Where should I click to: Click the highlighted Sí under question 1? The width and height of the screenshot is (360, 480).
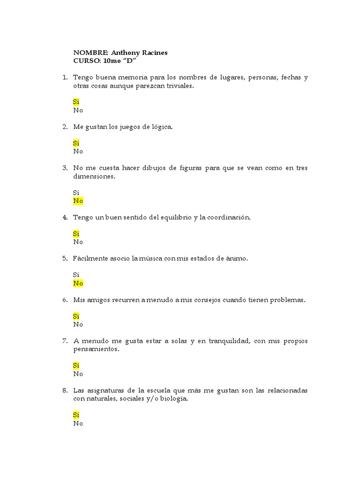(x=76, y=102)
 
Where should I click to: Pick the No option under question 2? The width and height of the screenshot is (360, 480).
(x=78, y=151)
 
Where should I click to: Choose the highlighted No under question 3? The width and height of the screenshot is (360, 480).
(x=78, y=201)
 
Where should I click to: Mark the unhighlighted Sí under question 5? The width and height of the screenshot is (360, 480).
(x=76, y=275)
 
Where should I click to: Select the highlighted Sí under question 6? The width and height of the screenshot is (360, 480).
(x=76, y=316)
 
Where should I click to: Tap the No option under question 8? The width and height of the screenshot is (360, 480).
(x=78, y=423)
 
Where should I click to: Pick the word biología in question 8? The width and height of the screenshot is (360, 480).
(x=173, y=399)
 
